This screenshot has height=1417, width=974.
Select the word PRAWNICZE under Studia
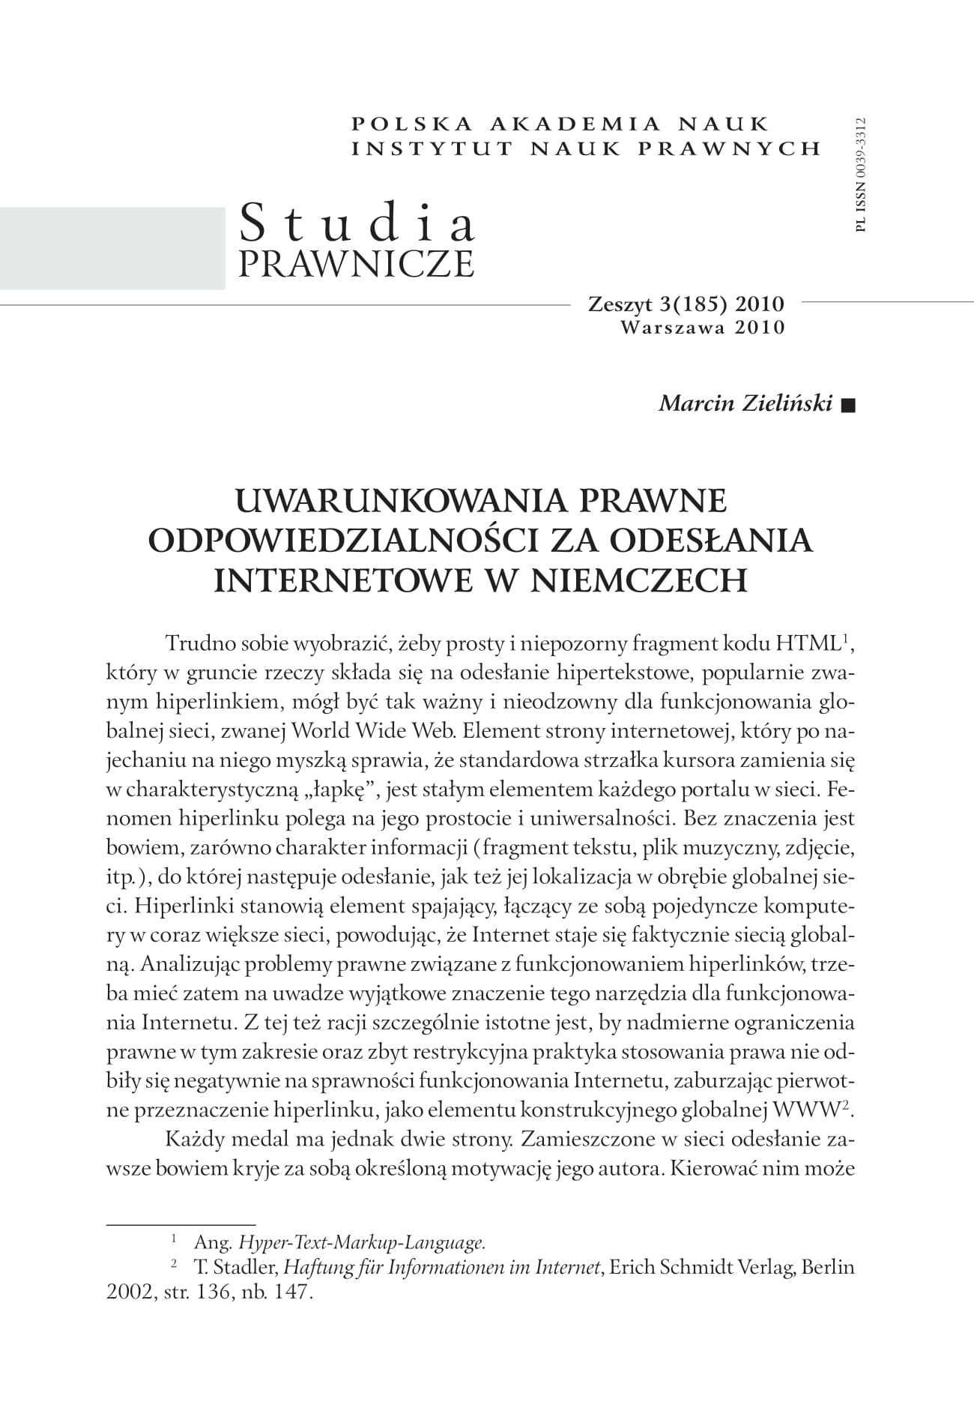356,263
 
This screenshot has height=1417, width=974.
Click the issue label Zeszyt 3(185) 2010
686,304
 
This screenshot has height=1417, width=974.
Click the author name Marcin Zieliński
745,404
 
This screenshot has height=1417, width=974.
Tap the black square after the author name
847,406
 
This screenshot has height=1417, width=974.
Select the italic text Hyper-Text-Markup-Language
362,1242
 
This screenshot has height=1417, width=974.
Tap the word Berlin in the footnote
828,1268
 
